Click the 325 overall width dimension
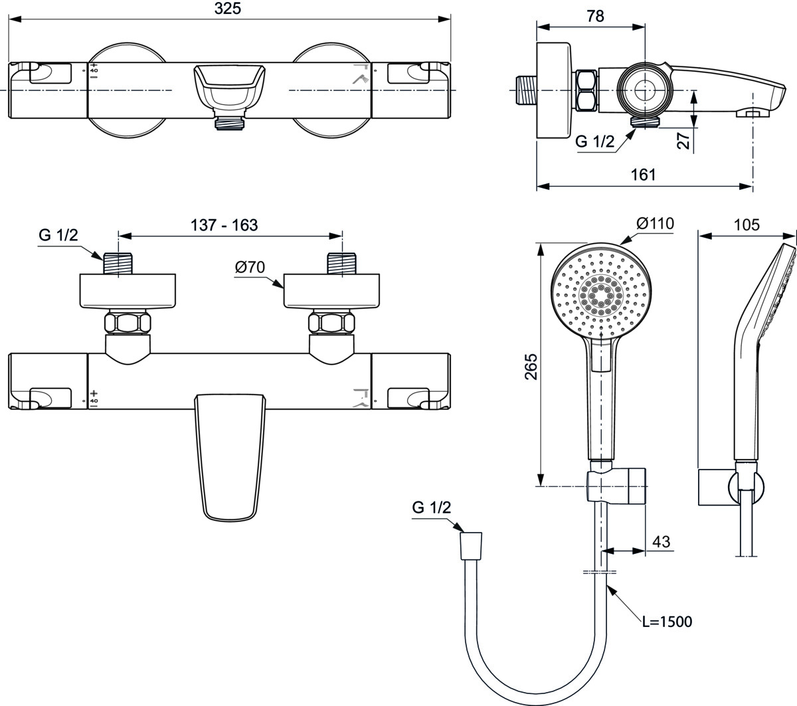point(227,8)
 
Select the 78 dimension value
point(595,17)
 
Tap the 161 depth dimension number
point(643,175)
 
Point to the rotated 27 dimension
point(683,140)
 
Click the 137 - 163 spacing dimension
point(224,225)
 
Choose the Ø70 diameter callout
point(250,268)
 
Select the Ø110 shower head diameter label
point(656,223)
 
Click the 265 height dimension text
point(531,367)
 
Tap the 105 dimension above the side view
point(747,225)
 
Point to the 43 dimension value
point(662,541)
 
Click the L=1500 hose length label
point(667,622)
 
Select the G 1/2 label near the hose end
point(431,507)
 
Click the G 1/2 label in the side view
point(594,141)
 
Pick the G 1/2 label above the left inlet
point(58,235)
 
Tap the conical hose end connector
point(471,547)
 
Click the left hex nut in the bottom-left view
point(128,323)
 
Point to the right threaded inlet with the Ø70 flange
point(341,264)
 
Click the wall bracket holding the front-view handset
point(617,486)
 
